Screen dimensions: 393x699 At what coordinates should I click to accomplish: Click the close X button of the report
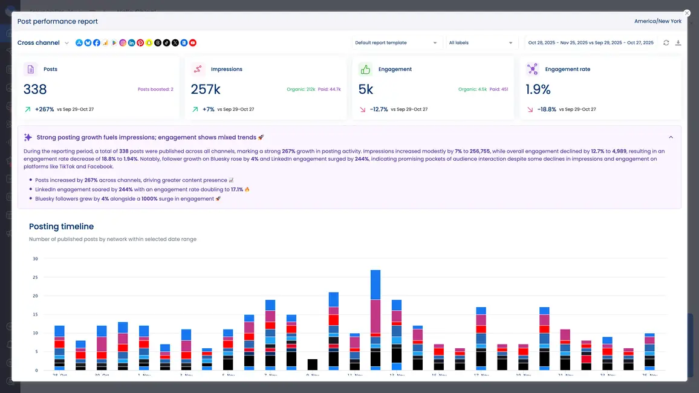(x=686, y=13)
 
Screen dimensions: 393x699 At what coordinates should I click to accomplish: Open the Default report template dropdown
(x=395, y=43)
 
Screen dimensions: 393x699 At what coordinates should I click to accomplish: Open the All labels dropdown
(x=481, y=43)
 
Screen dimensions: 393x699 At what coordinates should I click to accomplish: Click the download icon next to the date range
(x=678, y=43)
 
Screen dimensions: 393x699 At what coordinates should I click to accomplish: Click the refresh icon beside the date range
(x=666, y=43)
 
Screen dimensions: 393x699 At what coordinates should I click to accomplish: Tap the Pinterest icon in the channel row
(x=140, y=43)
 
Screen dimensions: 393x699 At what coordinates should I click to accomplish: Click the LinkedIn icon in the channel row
(x=132, y=43)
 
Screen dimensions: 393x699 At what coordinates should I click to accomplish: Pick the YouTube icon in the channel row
(x=193, y=43)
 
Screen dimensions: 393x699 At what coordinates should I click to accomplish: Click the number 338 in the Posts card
(x=35, y=89)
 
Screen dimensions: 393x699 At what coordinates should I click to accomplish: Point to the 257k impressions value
(x=206, y=89)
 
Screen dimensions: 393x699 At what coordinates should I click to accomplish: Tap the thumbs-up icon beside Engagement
(x=365, y=69)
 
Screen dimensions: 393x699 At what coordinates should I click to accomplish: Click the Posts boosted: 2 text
(x=155, y=89)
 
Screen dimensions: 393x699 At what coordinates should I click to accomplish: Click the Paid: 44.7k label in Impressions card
(x=330, y=89)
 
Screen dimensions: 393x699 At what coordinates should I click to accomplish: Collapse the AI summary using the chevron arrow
(x=671, y=137)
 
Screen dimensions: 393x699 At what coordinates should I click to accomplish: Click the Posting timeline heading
(x=61, y=227)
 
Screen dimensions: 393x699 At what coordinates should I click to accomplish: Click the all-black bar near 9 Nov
(x=313, y=365)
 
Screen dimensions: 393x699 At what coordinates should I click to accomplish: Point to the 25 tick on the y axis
(x=35, y=278)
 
